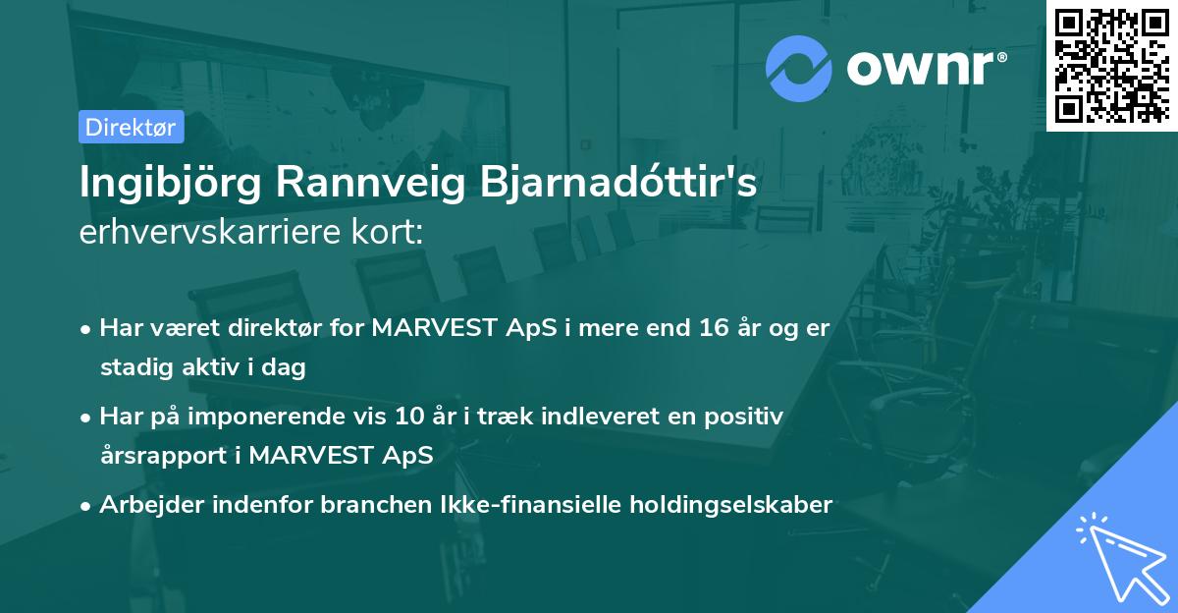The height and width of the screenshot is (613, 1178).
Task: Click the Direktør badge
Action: click(x=131, y=127)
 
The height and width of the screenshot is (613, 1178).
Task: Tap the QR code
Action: click(x=1110, y=65)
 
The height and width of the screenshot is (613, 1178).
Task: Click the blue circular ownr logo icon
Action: click(x=800, y=68)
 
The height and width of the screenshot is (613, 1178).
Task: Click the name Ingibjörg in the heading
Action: click(x=169, y=184)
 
